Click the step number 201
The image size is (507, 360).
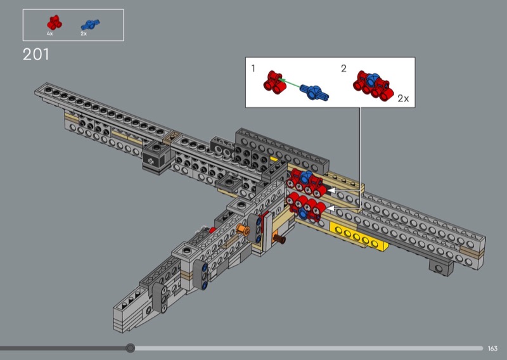(x=36, y=55)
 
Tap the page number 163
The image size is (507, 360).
(x=492, y=349)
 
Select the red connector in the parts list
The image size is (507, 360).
(x=55, y=22)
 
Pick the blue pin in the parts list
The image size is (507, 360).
(x=90, y=24)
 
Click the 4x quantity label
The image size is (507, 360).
(x=50, y=34)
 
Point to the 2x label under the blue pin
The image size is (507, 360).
(x=84, y=34)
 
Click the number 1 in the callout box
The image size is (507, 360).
(x=253, y=68)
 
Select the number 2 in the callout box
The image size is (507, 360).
(x=343, y=68)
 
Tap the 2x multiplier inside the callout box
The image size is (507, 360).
(x=403, y=98)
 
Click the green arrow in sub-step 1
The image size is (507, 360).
(x=290, y=82)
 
